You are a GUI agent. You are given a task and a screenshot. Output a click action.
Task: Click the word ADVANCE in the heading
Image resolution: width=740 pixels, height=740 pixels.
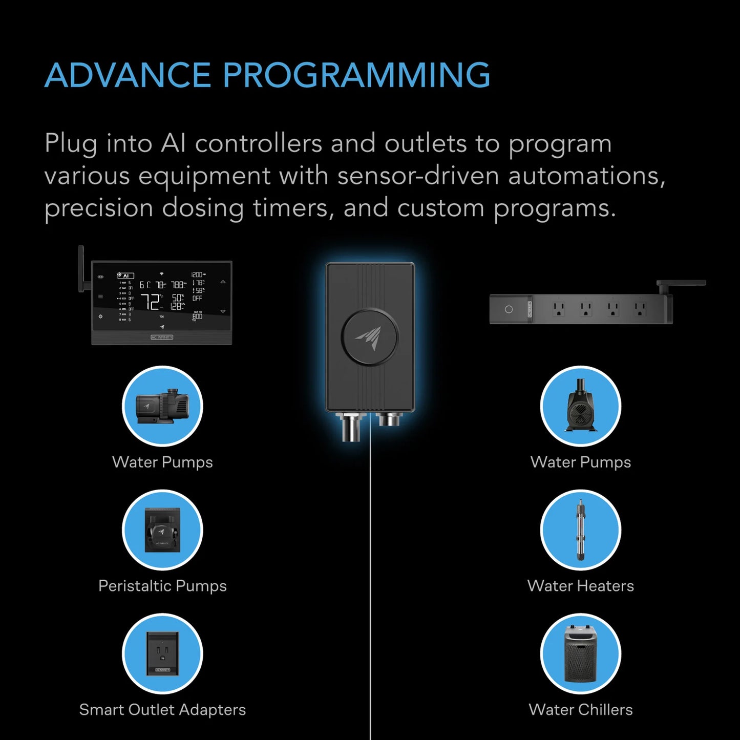point(128,75)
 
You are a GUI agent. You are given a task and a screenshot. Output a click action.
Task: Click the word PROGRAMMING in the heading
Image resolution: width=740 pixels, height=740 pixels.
point(356,75)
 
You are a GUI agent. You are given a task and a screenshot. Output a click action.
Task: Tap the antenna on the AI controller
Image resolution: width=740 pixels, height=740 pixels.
point(81,269)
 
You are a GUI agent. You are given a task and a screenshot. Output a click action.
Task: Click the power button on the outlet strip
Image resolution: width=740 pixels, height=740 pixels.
point(509,310)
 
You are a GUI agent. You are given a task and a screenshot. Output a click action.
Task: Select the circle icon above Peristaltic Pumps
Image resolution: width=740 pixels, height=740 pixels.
point(162,530)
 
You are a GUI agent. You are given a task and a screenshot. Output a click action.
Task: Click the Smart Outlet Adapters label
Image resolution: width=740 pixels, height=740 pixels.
point(162,710)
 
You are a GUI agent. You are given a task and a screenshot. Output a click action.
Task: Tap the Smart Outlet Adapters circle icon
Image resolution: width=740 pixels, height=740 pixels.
point(162,654)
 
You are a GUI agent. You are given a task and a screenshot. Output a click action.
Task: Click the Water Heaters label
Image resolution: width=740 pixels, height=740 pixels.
point(580,586)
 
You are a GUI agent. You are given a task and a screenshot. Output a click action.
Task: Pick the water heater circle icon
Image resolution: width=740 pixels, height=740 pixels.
point(580,530)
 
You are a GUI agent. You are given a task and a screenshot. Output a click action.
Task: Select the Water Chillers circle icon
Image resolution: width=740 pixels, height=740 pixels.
point(580,654)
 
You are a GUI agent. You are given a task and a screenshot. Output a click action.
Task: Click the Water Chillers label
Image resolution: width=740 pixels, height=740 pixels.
point(580,710)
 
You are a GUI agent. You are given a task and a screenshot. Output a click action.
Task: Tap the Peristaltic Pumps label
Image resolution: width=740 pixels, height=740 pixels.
point(162,586)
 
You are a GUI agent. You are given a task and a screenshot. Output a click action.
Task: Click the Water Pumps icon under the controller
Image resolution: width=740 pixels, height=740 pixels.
point(162,406)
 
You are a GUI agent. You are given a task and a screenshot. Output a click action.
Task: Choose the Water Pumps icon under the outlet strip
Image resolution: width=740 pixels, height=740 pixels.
point(580,406)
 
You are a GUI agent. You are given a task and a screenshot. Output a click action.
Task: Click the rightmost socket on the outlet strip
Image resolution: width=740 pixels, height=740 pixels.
point(639,309)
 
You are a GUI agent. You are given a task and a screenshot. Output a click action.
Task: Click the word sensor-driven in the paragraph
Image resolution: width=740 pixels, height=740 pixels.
point(418,176)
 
